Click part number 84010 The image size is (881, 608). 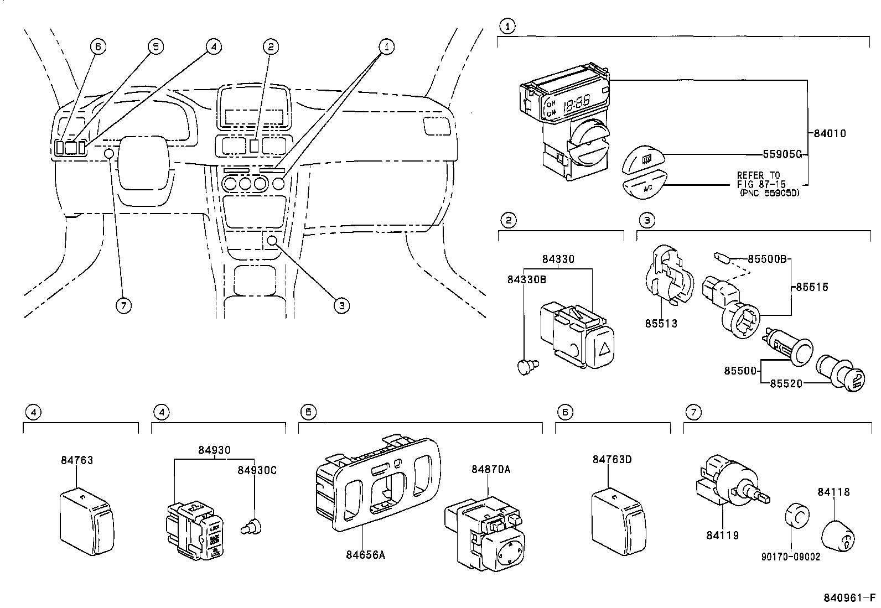pos(830,133)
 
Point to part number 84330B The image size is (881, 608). pos(527,280)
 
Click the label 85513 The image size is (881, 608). pos(661,323)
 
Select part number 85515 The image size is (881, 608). pos(812,287)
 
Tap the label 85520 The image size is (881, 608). pos(786,383)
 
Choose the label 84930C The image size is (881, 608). pos(257,470)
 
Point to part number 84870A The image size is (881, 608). pos(491,469)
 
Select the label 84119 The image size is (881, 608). pos(722,535)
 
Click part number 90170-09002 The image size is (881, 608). pos(790,557)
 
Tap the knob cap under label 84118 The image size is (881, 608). pos(838,536)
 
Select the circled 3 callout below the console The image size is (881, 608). pos(341,305)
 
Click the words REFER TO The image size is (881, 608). pos(758,175)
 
